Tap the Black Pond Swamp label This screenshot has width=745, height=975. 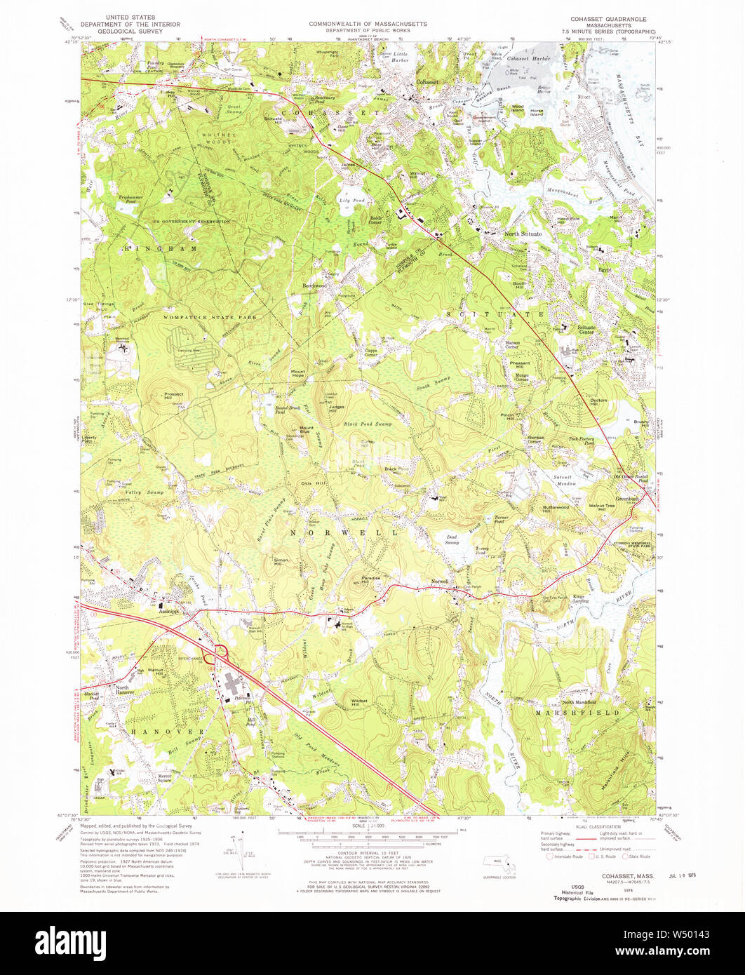pyautogui.click(x=368, y=424)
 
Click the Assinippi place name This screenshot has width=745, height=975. pyautogui.click(x=169, y=611)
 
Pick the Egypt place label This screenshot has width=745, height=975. pyautogui.click(x=605, y=269)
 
